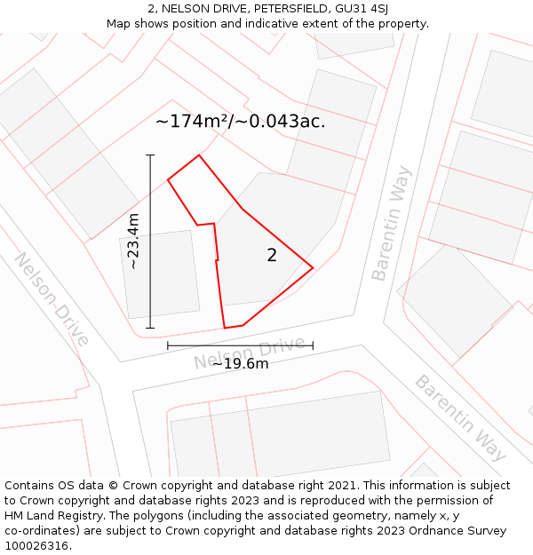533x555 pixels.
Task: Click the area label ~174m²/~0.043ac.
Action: (x=240, y=122)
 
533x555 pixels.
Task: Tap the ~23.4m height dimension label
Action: (x=133, y=242)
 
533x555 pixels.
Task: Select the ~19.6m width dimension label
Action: (x=240, y=363)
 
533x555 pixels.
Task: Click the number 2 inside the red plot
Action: (x=272, y=256)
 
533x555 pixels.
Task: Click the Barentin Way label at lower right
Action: (x=460, y=417)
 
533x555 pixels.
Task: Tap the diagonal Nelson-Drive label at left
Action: (x=52, y=299)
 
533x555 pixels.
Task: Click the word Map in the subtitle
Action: (x=119, y=24)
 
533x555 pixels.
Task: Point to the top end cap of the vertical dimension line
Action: (x=150, y=155)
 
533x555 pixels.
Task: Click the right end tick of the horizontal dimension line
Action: (x=313, y=345)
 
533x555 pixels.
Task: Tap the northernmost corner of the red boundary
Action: (x=199, y=155)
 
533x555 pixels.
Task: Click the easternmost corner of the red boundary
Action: (x=313, y=267)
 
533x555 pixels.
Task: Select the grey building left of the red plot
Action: (x=160, y=274)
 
